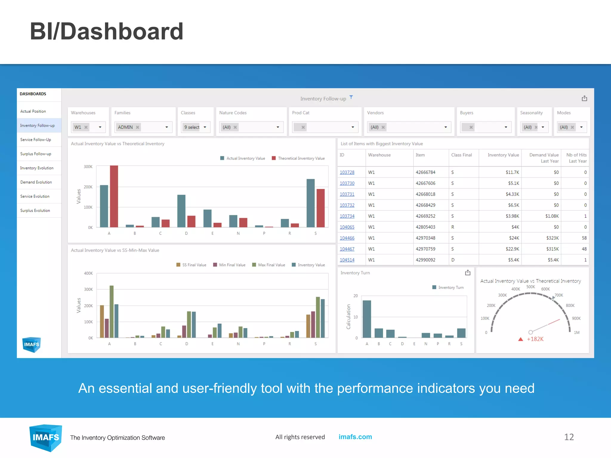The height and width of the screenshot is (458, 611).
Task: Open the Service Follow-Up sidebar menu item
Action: tap(36, 140)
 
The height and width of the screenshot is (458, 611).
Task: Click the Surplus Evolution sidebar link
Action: tap(35, 211)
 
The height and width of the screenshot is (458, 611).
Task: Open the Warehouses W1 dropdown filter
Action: tap(88, 127)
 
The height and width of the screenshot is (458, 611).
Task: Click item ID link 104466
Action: tap(347, 238)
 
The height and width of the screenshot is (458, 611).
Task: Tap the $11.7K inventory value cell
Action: tap(512, 172)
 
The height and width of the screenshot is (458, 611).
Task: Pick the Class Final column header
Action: tap(462, 155)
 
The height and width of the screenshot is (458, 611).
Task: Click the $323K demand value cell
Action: tap(552, 238)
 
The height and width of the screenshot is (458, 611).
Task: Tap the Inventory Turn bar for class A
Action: tap(367, 319)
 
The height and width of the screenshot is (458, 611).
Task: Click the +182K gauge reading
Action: tap(535, 339)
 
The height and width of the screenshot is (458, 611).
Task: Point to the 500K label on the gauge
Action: tap(530, 287)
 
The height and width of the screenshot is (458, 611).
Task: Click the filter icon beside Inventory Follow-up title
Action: tap(351, 97)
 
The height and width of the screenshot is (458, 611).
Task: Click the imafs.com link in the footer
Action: tap(355, 437)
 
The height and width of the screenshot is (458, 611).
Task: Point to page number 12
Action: tap(569, 437)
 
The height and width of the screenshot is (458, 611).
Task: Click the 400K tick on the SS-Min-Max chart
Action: tap(89, 273)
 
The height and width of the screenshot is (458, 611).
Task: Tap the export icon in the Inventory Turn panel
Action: tap(467, 273)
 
